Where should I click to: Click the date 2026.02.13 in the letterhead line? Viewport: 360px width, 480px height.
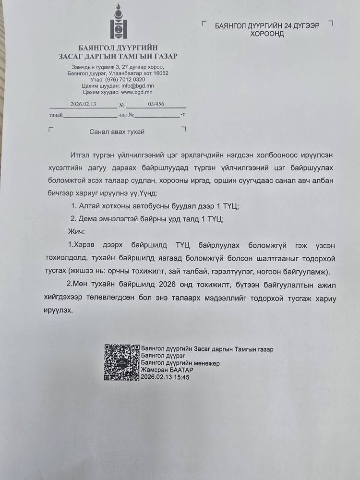(83, 104)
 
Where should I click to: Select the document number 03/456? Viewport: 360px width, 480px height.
(157, 104)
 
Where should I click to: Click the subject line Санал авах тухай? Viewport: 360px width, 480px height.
(117, 132)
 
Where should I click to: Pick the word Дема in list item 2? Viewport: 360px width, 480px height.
(88, 218)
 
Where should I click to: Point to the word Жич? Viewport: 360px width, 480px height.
(76, 231)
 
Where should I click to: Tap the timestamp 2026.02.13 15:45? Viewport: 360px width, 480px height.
(166, 377)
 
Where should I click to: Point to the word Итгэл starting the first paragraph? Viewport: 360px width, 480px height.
(79, 155)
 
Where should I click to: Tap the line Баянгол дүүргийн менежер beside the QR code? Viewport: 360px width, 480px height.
(180, 363)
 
